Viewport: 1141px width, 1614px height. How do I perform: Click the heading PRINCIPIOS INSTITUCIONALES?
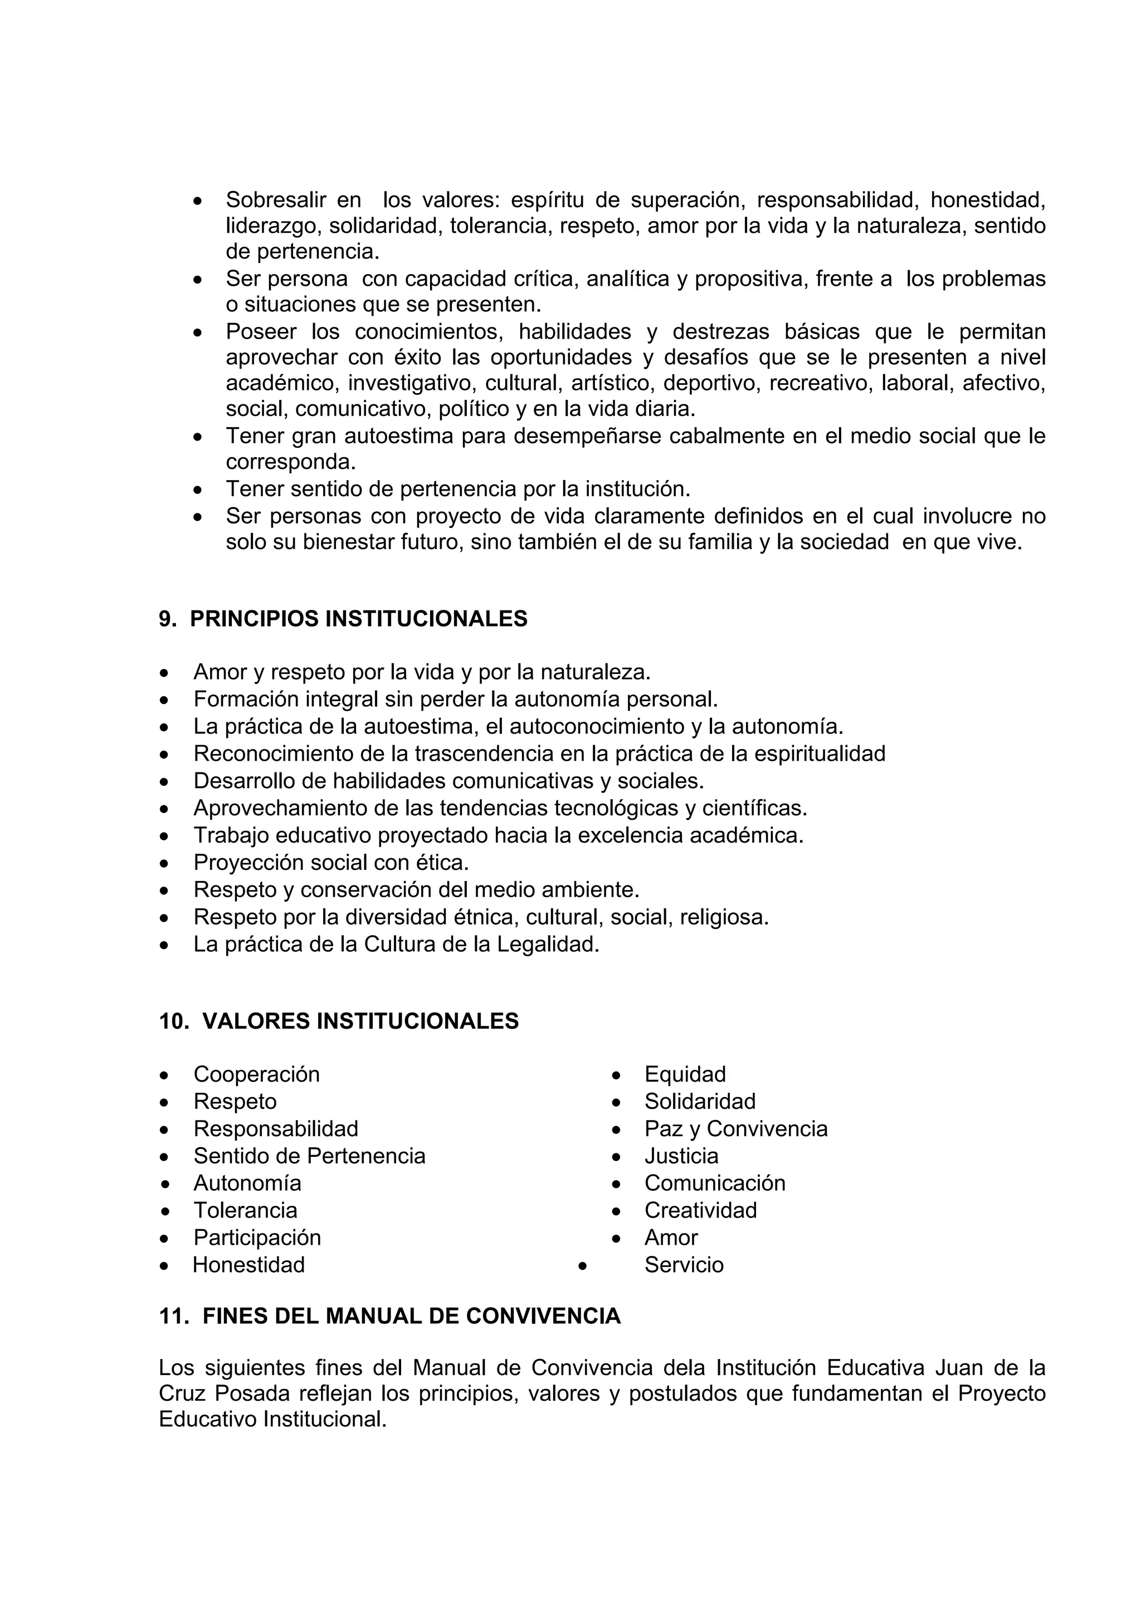(359, 619)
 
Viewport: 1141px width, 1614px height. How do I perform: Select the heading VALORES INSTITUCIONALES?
(360, 1021)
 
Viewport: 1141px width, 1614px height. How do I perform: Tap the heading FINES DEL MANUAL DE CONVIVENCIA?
(411, 1316)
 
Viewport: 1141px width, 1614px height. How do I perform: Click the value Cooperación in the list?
(257, 1074)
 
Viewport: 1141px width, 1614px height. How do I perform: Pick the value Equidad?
(685, 1074)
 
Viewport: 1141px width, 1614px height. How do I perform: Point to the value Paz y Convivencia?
(735, 1128)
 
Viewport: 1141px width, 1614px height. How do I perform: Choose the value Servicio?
(684, 1265)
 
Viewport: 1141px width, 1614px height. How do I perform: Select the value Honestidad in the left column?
(249, 1265)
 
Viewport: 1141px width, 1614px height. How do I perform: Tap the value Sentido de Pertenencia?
(309, 1156)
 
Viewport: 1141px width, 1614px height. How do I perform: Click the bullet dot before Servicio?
(582, 1265)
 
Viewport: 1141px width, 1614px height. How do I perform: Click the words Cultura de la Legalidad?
(481, 944)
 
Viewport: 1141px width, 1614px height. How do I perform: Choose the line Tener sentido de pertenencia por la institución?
(457, 488)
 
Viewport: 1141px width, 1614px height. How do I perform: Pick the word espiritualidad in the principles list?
(819, 754)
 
